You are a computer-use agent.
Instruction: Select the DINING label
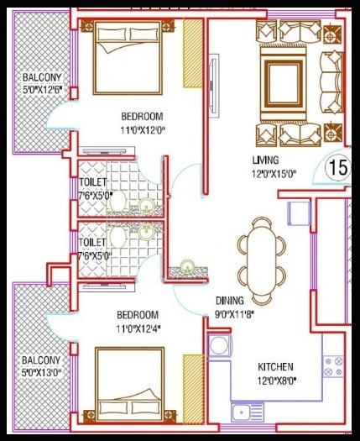pos(228,300)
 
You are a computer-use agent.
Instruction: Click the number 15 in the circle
pos(338,166)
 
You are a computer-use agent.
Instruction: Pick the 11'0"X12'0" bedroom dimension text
pos(141,129)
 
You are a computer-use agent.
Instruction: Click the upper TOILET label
pos(91,181)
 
